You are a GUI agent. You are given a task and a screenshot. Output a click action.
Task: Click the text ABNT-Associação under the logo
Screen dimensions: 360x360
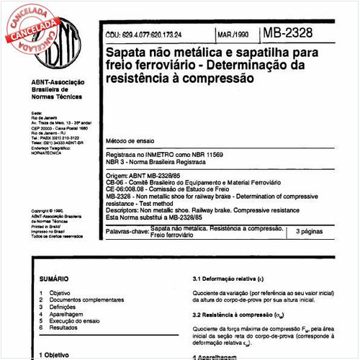[55, 84]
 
